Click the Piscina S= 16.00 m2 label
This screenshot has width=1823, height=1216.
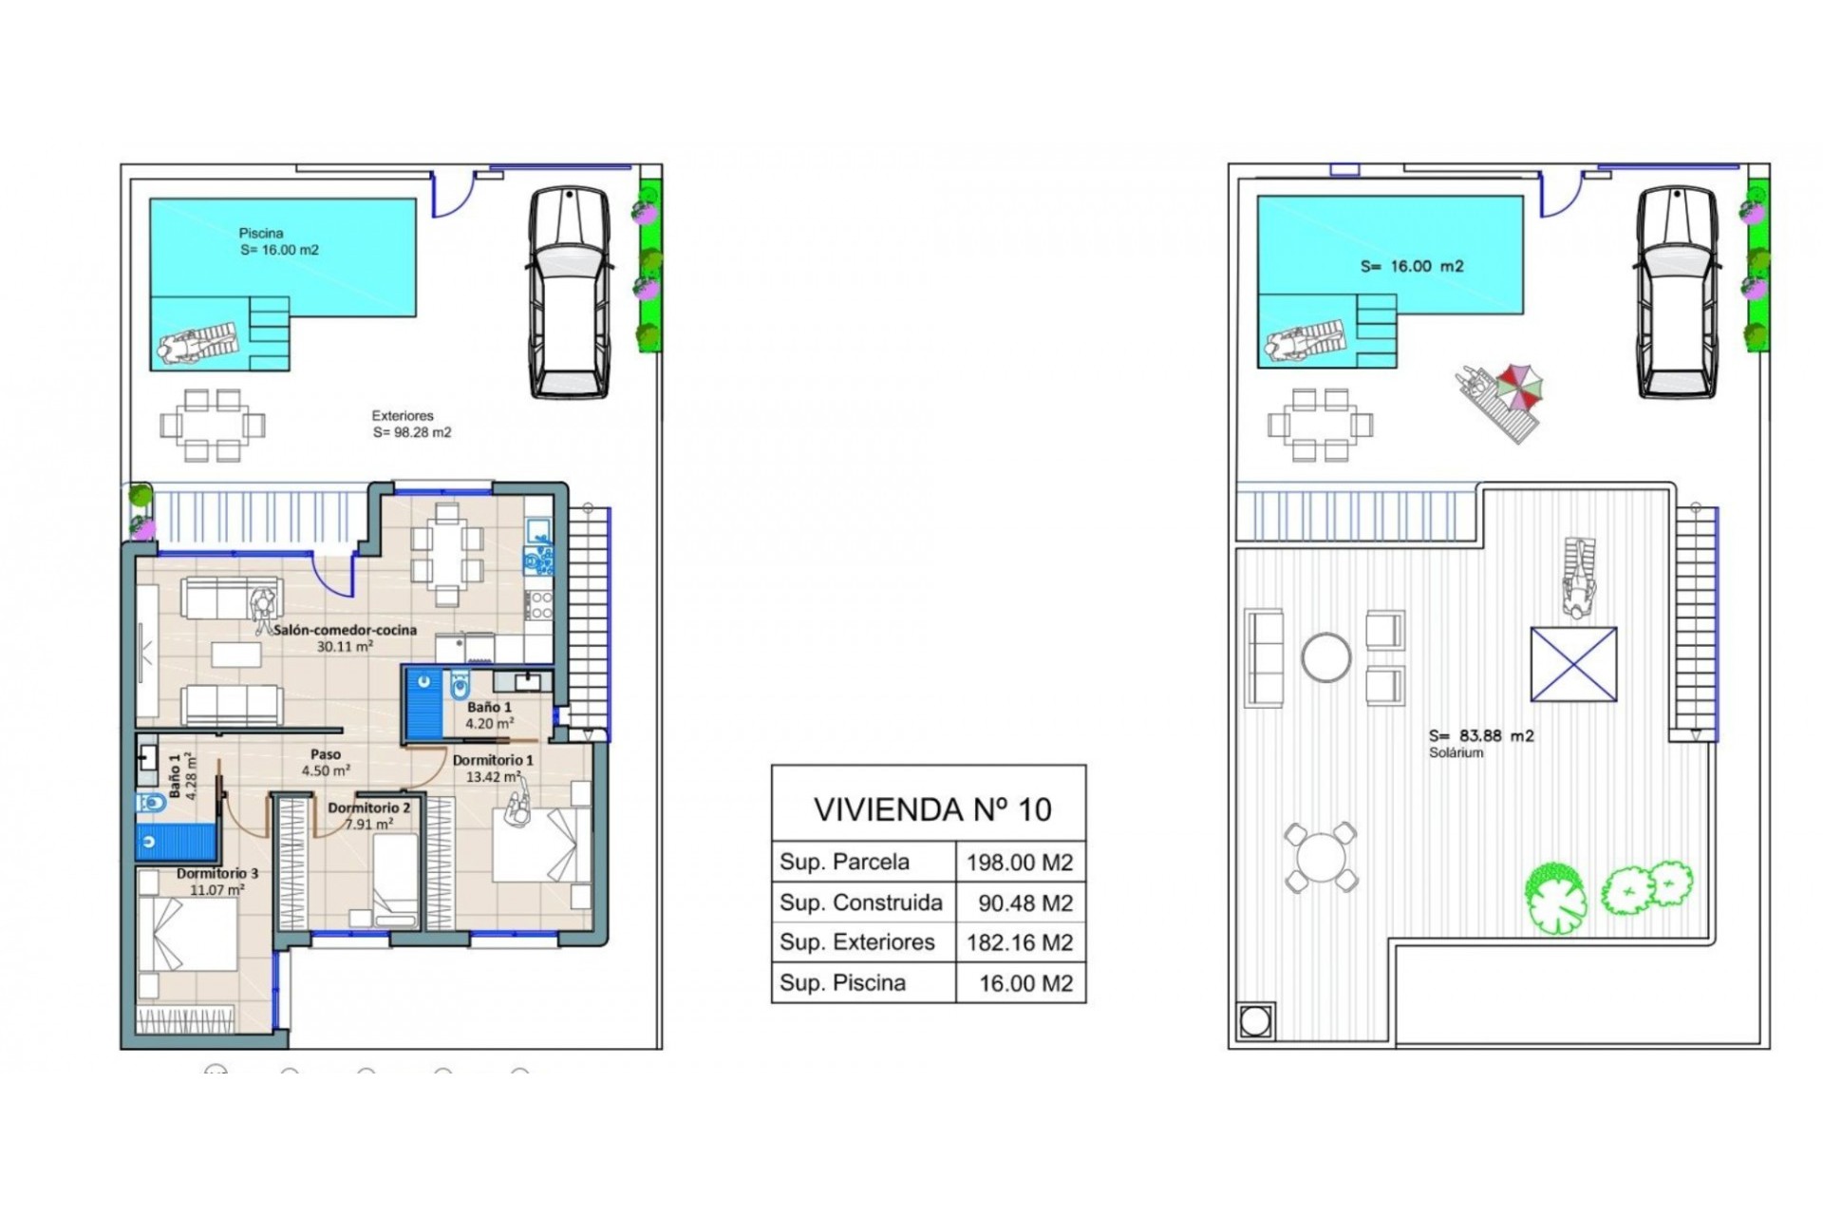pyautogui.click(x=278, y=241)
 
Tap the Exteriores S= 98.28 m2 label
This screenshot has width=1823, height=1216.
pyautogui.click(x=411, y=424)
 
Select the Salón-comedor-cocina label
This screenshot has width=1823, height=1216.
pyautogui.click(x=345, y=630)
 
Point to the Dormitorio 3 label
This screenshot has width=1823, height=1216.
pyautogui.click(x=217, y=873)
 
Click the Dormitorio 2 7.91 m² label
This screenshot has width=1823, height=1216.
pyautogui.click(x=368, y=815)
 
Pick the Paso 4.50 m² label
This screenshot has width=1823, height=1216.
pyautogui.click(x=326, y=762)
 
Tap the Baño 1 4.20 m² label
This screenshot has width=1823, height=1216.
pyautogui.click(x=489, y=714)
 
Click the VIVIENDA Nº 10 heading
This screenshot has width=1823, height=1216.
pyautogui.click(x=931, y=809)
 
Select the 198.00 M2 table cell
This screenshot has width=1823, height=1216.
pyautogui.click(x=1019, y=863)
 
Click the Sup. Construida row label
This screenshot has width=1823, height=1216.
pyautogui.click(x=860, y=902)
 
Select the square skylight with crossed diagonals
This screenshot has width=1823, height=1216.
pyautogui.click(x=1573, y=664)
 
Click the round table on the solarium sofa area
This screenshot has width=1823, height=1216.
pyautogui.click(x=1325, y=657)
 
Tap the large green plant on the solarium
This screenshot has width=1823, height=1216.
pyautogui.click(x=1555, y=898)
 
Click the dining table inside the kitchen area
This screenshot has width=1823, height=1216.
pyautogui.click(x=446, y=556)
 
